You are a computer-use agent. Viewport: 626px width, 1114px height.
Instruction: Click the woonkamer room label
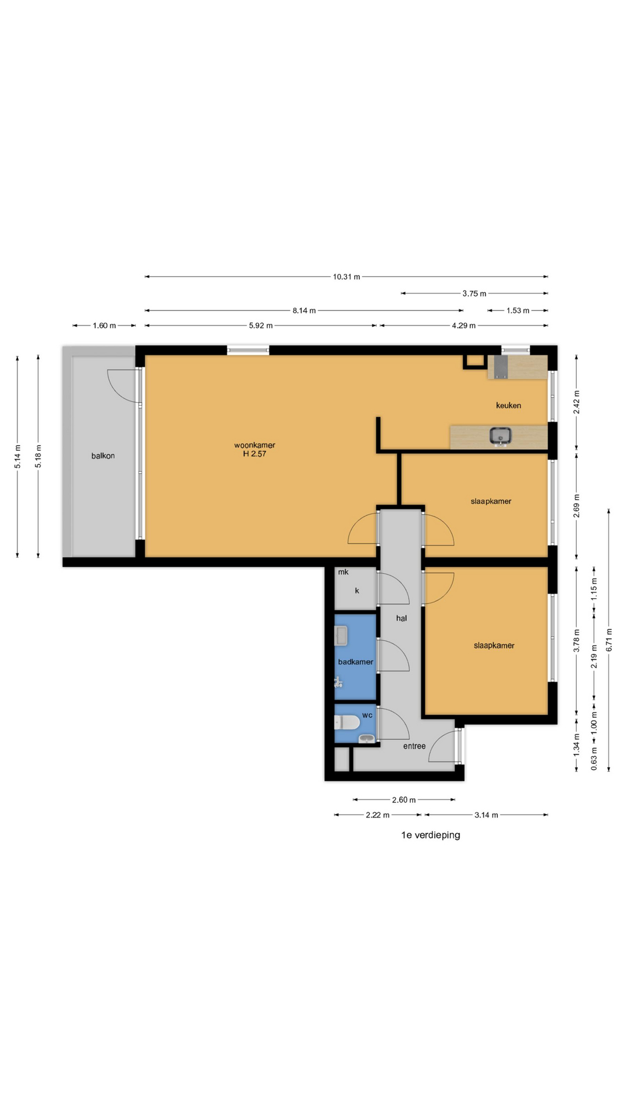tap(254, 445)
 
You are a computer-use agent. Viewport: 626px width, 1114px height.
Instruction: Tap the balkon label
tap(103, 456)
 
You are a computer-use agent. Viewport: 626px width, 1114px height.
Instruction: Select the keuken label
tap(508, 406)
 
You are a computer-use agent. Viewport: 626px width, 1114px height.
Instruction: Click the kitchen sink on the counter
tap(500, 435)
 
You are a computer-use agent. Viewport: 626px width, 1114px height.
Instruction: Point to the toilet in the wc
tap(347, 722)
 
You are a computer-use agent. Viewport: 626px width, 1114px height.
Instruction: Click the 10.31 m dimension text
tap(347, 277)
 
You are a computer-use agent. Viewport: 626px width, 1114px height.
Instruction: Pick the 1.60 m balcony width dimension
tap(104, 325)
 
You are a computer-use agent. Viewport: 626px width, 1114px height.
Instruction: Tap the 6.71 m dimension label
tap(609, 640)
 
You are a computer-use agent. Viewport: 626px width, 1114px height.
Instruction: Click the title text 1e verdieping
tap(431, 835)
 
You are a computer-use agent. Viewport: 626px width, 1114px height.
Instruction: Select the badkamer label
tap(356, 662)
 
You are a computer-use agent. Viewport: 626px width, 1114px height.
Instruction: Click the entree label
tap(414, 746)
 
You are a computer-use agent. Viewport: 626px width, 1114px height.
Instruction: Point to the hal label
tap(402, 619)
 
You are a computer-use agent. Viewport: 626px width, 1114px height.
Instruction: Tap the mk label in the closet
tap(343, 572)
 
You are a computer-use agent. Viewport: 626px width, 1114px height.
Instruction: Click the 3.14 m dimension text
tap(486, 815)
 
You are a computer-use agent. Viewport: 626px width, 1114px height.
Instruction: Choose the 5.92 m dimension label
tap(261, 325)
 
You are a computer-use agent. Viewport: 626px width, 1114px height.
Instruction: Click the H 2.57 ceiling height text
tap(254, 454)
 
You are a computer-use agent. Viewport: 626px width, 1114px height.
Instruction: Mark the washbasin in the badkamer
tap(341, 636)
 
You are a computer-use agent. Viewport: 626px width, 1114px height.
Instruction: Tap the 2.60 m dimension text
tap(404, 800)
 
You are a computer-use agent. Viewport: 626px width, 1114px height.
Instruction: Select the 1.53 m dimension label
tap(518, 310)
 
